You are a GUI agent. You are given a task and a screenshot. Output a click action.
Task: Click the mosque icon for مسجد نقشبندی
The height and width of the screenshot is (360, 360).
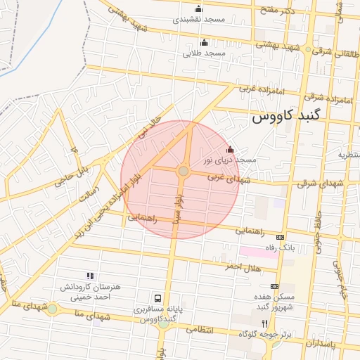click(198, 9)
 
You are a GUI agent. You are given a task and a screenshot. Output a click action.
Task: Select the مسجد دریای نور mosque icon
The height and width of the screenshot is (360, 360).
click(231, 149)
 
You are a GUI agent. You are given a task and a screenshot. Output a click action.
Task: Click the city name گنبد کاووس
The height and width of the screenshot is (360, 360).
click(285, 117)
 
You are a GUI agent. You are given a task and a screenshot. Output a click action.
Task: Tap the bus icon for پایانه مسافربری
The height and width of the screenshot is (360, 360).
click(158, 298)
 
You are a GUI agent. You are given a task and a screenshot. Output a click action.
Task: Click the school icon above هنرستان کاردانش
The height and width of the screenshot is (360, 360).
click(89, 276)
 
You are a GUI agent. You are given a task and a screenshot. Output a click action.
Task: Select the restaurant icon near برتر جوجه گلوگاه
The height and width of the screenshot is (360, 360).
click(265, 323)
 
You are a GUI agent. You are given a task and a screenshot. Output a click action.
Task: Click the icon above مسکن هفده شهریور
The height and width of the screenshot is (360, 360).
click(274, 286)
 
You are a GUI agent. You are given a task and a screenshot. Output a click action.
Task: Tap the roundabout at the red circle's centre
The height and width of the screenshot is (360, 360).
click(183, 171)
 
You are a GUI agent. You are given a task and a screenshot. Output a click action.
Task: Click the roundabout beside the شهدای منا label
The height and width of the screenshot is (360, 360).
click(52, 309)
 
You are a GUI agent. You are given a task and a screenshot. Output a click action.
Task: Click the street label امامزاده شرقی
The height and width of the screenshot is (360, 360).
click(335, 101)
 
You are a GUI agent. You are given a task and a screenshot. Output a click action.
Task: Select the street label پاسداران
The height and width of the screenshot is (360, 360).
click(322, 342)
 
